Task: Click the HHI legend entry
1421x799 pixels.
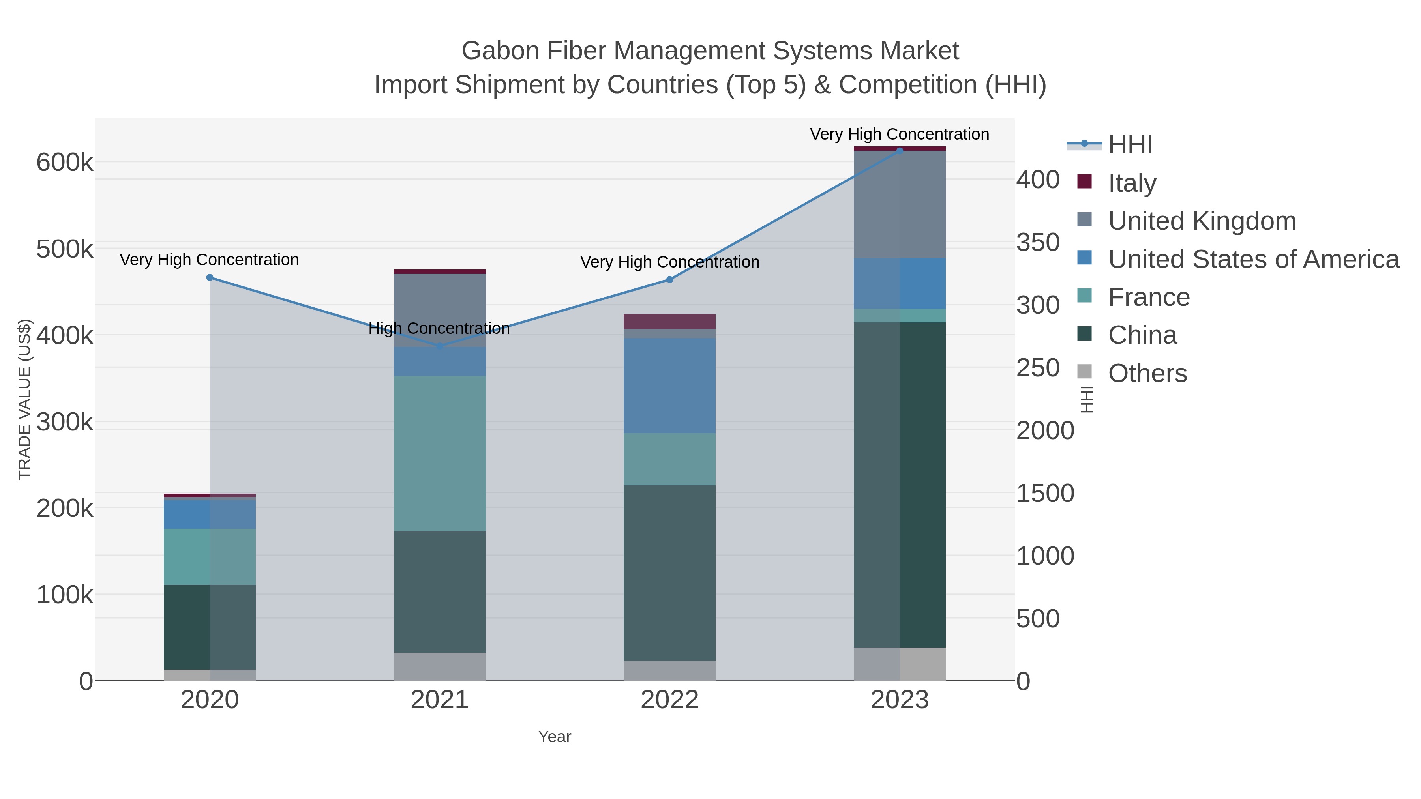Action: point(1130,145)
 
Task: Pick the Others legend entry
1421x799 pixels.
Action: point(1147,373)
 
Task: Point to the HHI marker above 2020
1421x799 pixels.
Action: point(210,278)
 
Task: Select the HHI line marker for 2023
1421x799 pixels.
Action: point(900,151)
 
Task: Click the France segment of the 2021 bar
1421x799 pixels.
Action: point(440,453)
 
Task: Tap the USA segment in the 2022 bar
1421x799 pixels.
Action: point(669,385)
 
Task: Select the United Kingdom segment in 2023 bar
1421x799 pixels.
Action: point(900,204)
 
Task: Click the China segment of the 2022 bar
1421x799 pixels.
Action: point(669,573)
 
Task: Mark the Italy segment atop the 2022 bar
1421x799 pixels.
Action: point(669,322)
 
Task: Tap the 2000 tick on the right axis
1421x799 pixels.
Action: point(1045,430)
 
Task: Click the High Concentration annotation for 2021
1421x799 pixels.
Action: point(439,329)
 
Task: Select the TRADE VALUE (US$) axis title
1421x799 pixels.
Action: point(25,399)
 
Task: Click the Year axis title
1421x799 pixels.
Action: point(555,737)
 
